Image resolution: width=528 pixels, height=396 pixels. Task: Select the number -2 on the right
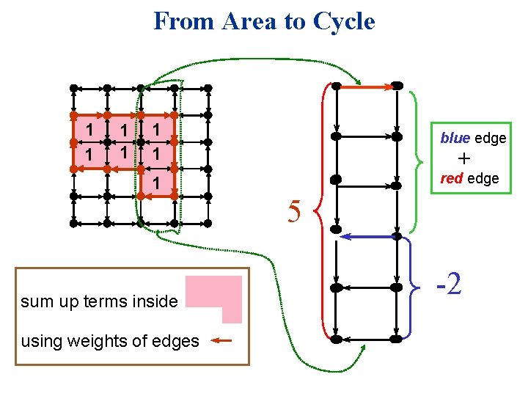[449, 282]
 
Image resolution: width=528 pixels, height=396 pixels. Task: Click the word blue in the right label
[456, 138]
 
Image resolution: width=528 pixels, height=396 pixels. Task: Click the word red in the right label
[452, 178]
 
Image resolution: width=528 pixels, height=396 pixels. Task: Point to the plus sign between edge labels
[463, 158]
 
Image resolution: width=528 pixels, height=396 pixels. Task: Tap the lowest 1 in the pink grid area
[156, 182]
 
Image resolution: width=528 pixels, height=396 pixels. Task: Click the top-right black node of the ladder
[396, 86]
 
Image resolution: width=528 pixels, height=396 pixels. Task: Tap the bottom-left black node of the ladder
[335, 339]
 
